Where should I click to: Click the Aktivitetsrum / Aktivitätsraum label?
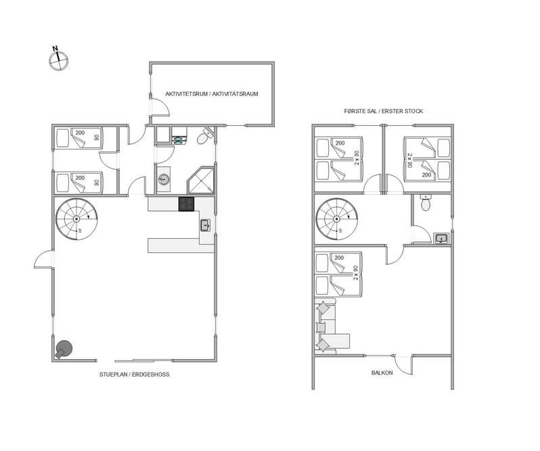point(211,94)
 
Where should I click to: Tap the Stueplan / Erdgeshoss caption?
point(134,375)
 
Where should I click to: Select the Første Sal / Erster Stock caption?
point(383,111)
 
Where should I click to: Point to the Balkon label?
point(382,373)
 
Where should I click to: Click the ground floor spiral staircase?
point(76,219)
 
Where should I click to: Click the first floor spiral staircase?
point(336,220)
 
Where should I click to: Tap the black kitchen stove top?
point(186,204)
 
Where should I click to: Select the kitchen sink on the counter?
point(205,226)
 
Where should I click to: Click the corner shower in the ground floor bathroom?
point(202,181)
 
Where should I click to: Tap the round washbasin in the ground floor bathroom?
point(164,179)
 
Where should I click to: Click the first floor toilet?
point(426,203)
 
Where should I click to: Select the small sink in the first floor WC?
point(441,238)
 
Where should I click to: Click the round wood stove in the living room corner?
point(64,349)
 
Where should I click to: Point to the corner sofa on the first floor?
point(329,326)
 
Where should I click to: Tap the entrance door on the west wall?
point(44,260)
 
